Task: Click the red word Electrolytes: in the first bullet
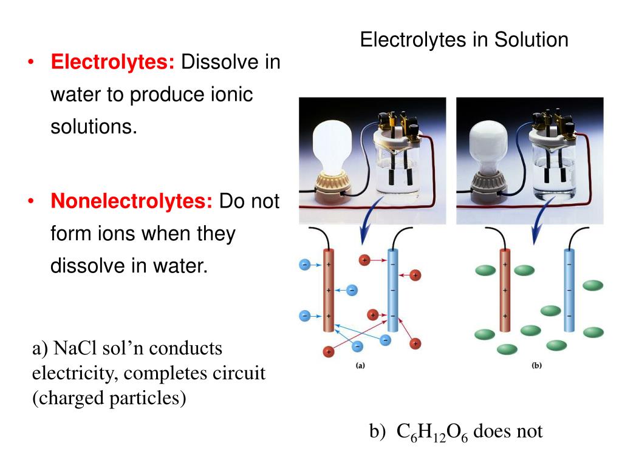coord(113,62)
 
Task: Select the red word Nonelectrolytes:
coord(131,201)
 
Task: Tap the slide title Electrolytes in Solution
coord(464,40)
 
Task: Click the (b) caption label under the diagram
coord(536,365)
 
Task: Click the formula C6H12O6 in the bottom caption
coord(432,432)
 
